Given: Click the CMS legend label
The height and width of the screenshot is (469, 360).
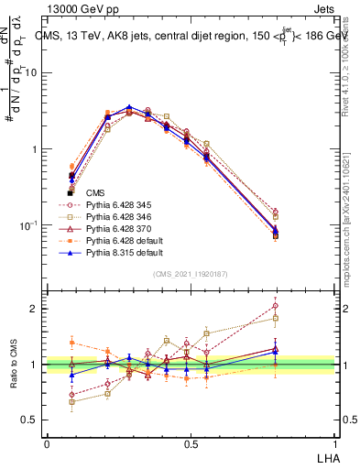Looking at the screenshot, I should click(x=95, y=193).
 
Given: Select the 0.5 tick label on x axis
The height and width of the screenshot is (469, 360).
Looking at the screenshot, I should click(x=190, y=443).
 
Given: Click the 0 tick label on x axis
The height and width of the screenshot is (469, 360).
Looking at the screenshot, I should click(x=47, y=443).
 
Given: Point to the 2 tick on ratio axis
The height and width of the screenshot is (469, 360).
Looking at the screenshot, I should click(x=35, y=309).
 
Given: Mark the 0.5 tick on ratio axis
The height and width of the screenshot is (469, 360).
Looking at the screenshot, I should click(x=31, y=420).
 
